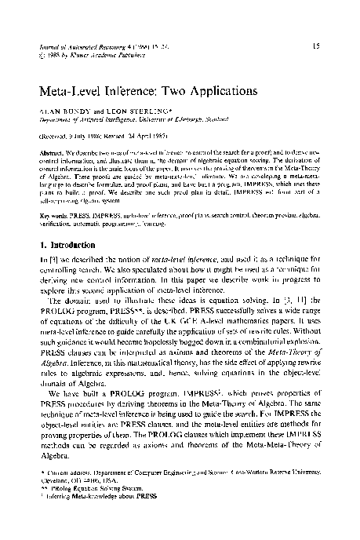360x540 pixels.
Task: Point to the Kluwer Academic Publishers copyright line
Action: (x=83, y=57)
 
